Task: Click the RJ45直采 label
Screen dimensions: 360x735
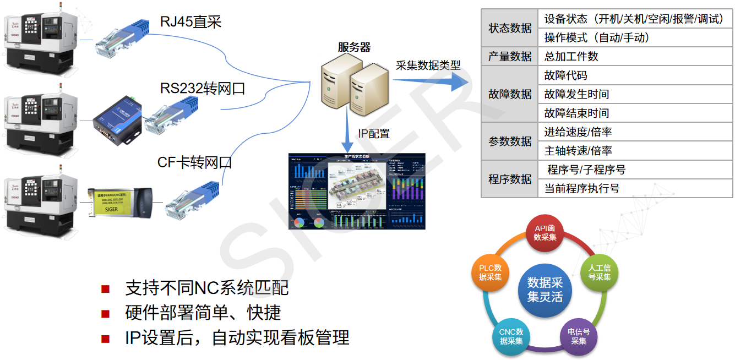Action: click(190, 21)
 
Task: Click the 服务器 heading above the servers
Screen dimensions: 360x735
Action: click(354, 47)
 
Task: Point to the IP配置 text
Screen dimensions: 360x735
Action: click(374, 133)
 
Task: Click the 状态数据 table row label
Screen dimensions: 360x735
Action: click(510, 28)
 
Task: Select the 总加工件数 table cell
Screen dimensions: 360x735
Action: click(571, 56)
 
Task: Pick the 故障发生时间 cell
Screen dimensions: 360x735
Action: click(576, 94)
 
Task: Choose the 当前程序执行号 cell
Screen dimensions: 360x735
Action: click(582, 188)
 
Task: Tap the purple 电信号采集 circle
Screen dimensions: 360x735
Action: click(579, 336)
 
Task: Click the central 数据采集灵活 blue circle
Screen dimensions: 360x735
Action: click(545, 289)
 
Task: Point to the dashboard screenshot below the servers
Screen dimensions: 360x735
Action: click(357, 190)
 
